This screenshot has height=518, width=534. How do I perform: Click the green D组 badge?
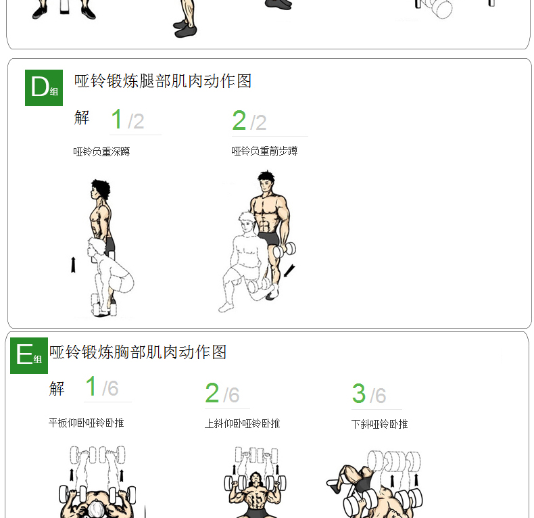pos(44,88)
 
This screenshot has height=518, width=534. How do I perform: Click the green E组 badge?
pos(29,356)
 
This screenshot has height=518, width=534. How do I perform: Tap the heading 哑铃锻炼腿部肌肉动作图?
pos(163,81)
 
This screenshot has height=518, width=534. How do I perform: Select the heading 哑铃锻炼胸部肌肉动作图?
pos(138,352)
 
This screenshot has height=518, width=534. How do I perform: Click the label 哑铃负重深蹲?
pos(101,151)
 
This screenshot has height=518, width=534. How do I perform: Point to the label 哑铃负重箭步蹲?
pos(264,151)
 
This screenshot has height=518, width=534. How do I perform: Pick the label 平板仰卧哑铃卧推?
pos(86,423)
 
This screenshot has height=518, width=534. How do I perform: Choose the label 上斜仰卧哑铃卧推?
pos(242,423)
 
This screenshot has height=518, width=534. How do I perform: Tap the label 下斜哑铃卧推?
pos(379,424)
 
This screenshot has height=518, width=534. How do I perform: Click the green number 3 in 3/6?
pos(359,394)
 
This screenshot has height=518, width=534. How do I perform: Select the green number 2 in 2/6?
pos(212,393)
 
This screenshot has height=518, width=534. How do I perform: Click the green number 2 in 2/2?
pos(239,120)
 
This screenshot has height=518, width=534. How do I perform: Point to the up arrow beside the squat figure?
pos(73,265)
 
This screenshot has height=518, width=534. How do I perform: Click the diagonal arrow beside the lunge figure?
pos(289,270)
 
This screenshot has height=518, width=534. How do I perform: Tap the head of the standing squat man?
pos(100,190)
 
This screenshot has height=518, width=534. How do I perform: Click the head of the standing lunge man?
pos(266,181)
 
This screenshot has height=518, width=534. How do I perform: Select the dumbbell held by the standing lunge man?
pos(285,250)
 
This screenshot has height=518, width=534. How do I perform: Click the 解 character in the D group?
pos(82,118)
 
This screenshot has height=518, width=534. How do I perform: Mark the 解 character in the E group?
pos(57,389)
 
